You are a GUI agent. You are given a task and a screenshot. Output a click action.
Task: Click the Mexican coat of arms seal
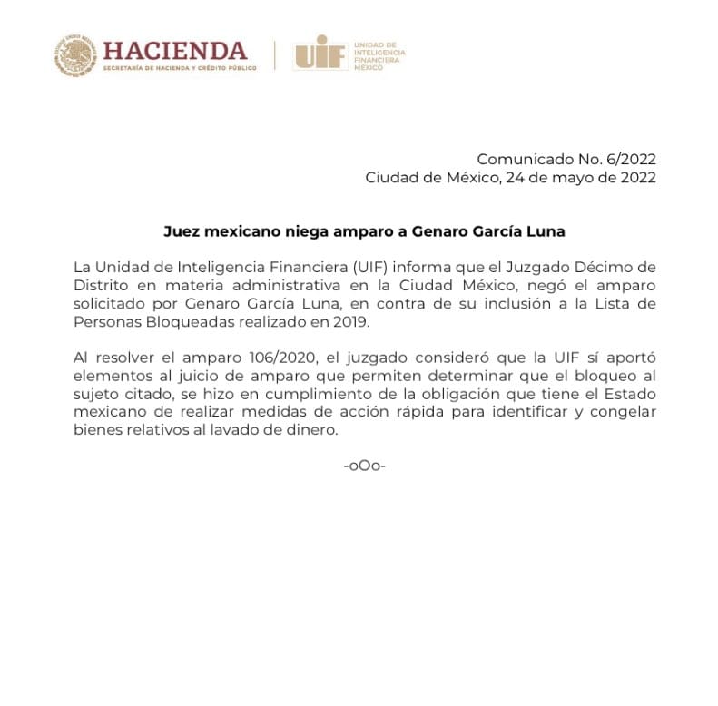click(x=74, y=55)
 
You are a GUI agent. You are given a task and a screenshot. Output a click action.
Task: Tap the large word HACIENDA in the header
click(x=174, y=50)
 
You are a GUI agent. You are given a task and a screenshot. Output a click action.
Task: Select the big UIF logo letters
click(x=319, y=54)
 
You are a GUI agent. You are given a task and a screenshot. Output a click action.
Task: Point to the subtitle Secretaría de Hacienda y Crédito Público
click(x=173, y=69)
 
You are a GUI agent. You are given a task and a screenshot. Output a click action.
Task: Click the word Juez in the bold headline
click(x=181, y=231)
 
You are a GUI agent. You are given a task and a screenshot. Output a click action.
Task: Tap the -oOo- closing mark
click(x=365, y=466)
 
